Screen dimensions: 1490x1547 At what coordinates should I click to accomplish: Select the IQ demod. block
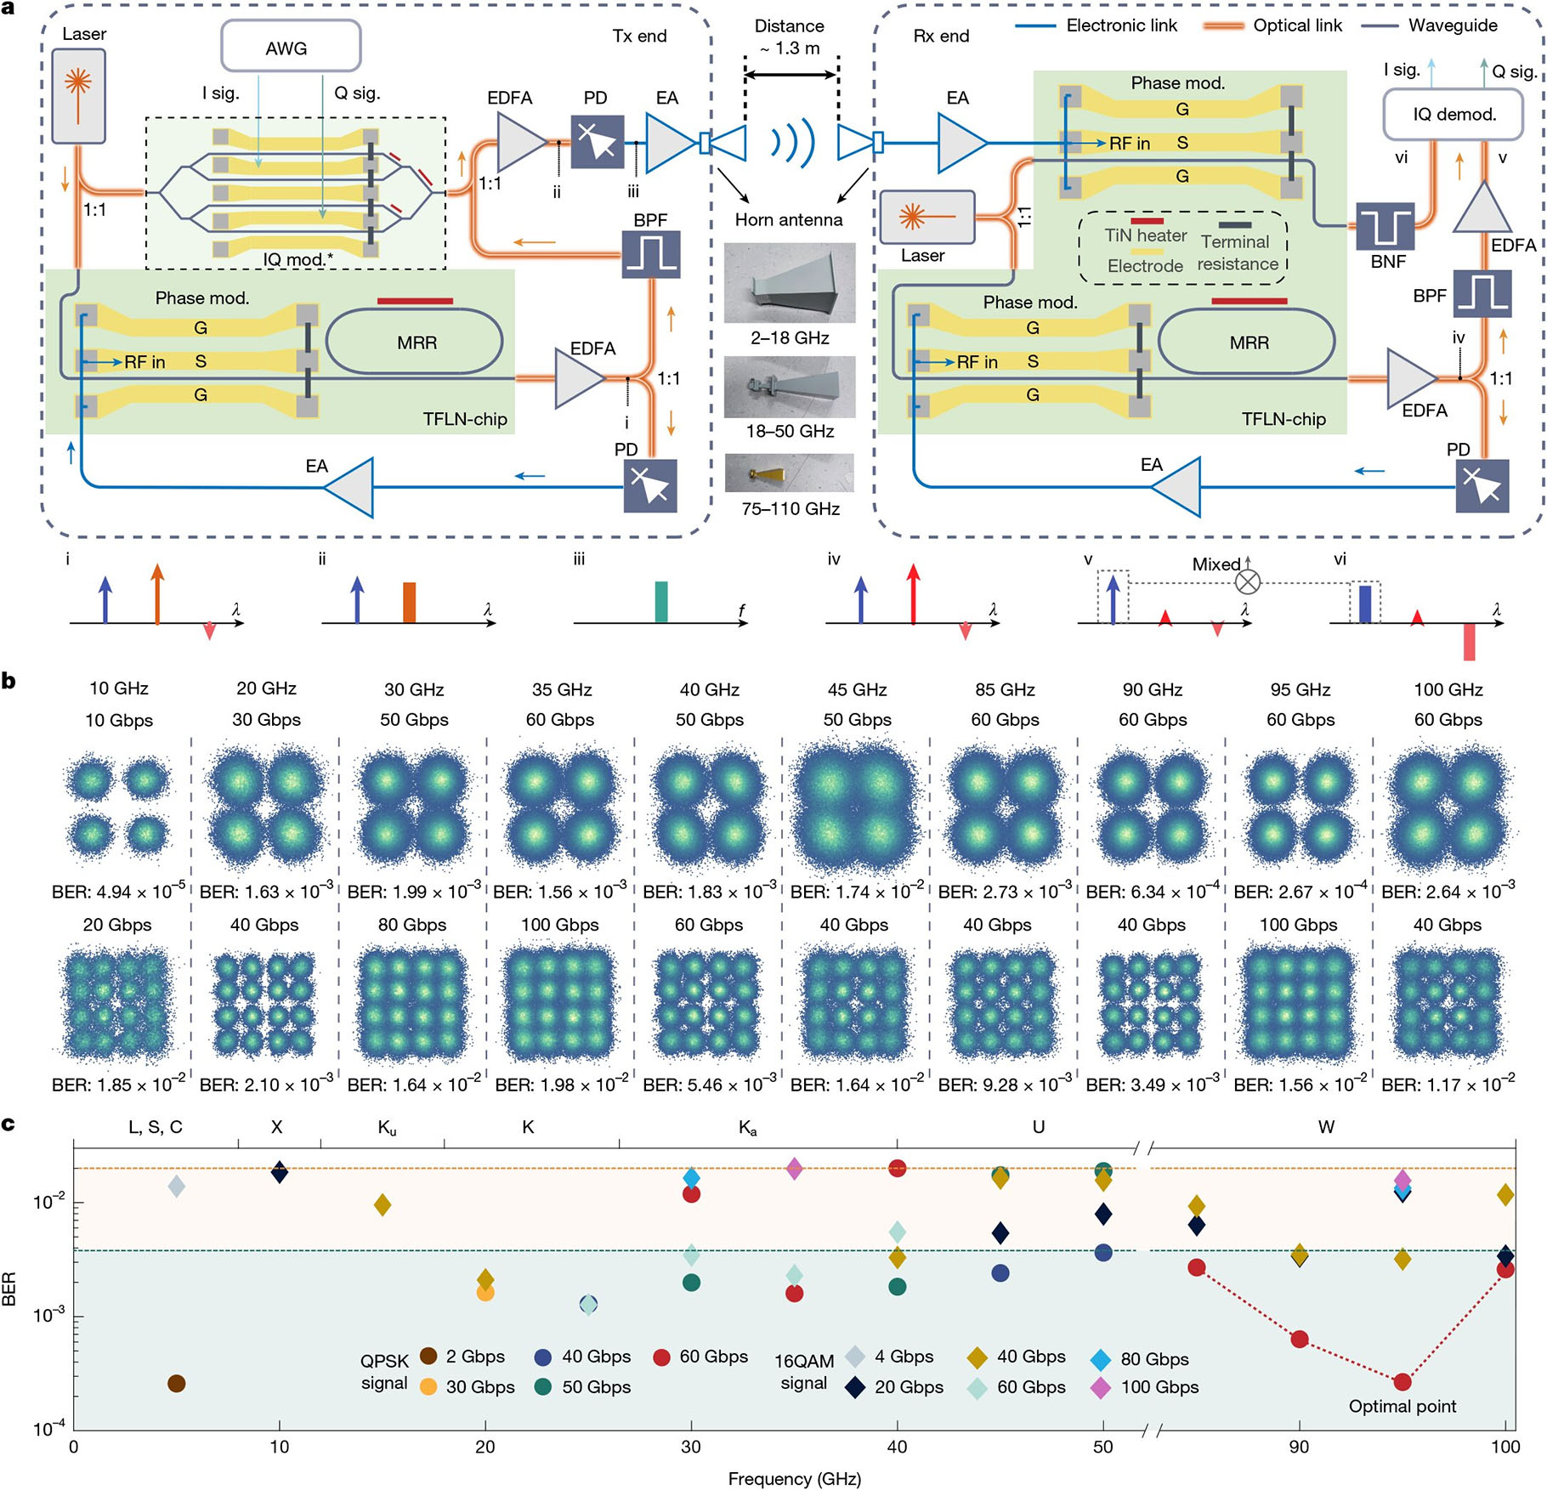(1453, 114)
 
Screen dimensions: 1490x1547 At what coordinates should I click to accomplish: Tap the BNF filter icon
(1385, 227)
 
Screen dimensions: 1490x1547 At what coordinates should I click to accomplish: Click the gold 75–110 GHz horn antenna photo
(790, 473)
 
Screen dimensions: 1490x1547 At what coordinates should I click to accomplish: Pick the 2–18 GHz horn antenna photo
(790, 282)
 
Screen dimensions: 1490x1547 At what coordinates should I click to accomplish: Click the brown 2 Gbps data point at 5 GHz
(177, 1383)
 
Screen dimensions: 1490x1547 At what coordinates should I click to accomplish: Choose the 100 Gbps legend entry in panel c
(1144, 1387)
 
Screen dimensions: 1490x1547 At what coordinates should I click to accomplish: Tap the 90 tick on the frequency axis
(1299, 1447)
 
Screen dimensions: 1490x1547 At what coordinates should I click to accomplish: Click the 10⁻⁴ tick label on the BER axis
(49, 1430)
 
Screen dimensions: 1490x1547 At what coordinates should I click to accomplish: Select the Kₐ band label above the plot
(747, 1127)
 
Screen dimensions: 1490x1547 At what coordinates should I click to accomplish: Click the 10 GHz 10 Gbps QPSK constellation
(118, 805)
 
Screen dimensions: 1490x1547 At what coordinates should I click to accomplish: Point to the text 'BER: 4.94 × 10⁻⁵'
(118, 891)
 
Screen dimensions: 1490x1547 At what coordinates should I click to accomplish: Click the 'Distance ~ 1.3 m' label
(790, 37)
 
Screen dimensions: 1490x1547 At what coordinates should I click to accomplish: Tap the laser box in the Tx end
(78, 96)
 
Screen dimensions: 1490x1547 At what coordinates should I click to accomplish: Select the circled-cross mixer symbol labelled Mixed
(1247, 581)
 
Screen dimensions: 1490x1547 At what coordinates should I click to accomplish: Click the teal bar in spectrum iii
(661, 601)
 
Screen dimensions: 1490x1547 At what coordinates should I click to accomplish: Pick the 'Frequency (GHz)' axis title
(794, 1478)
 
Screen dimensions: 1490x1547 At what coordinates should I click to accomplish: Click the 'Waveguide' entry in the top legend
(1452, 25)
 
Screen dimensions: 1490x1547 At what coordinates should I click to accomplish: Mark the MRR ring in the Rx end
(1248, 342)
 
